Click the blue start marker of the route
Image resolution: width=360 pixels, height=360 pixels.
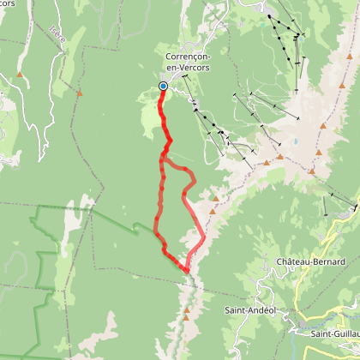(163, 85)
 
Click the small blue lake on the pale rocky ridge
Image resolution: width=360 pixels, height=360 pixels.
(297, 141)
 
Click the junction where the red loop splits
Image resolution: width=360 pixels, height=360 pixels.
(165, 156)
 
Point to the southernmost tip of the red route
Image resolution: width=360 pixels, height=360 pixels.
(186, 270)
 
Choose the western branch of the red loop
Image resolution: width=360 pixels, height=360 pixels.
(158, 206)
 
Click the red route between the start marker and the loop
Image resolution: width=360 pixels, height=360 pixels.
(165, 120)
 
